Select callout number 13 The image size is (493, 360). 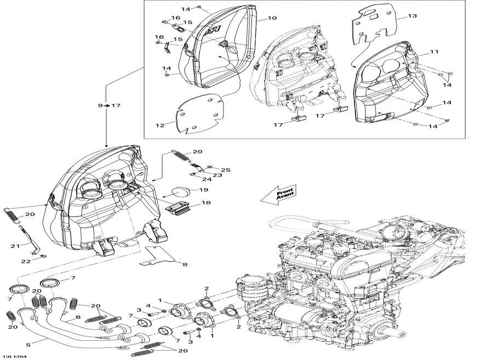412,16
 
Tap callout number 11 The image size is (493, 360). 434,52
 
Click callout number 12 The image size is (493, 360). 159,125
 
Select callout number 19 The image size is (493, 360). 203,190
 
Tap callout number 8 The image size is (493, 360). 185,265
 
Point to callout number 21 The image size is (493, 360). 15,245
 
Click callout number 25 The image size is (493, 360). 226,170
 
